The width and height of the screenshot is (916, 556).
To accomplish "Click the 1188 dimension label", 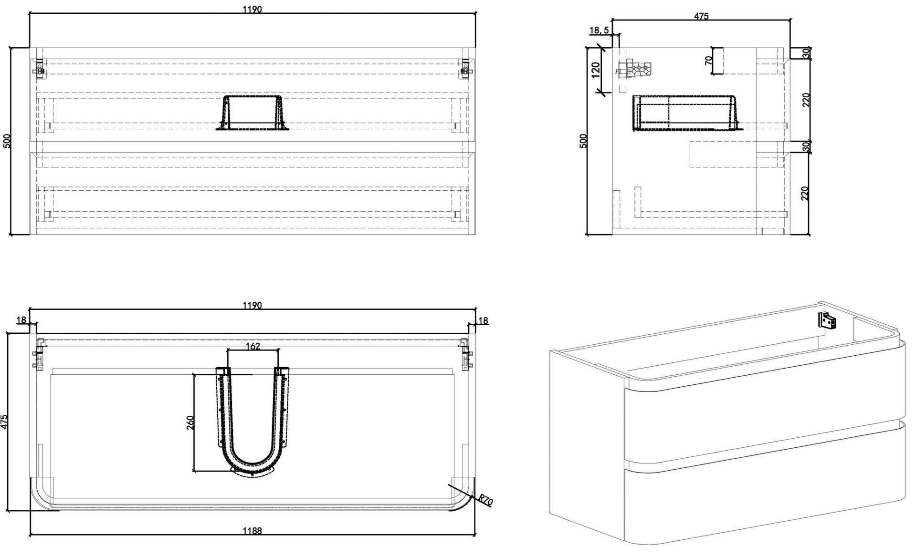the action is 252,530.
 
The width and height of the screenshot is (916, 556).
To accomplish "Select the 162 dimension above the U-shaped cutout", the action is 253,346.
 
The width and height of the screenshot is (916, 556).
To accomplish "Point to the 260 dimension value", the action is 190,423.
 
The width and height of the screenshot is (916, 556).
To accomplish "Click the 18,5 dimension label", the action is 599,30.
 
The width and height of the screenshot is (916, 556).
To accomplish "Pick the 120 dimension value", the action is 595,70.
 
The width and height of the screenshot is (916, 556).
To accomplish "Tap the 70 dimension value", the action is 709,61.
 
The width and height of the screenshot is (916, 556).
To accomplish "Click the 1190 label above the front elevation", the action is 252,9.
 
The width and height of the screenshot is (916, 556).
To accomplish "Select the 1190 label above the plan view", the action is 252,305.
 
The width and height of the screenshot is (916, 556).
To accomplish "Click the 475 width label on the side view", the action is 701,16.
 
